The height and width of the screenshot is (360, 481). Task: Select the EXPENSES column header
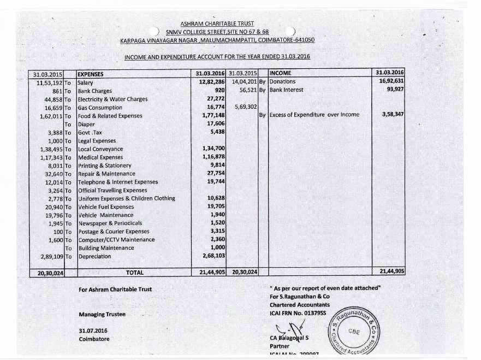pyautogui.click(x=91, y=74)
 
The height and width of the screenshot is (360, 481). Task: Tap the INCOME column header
pyautogui.click(x=280, y=73)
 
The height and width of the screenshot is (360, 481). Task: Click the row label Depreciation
pyautogui.click(x=94, y=256)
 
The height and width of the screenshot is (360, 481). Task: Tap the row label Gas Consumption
pyautogui.click(x=100, y=108)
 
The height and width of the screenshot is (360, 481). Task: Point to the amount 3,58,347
pyautogui.click(x=391, y=115)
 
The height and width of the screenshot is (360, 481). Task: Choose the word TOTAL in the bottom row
pyautogui.click(x=134, y=272)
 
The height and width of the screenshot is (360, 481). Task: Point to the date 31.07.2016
pyautogui.click(x=93, y=331)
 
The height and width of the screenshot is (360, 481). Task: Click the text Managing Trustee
pyautogui.click(x=102, y=315)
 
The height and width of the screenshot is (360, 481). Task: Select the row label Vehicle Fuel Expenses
pyautogui.click(x=106, y=207)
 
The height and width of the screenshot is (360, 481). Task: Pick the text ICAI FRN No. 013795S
pyautogui.click(x=298, y=313)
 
